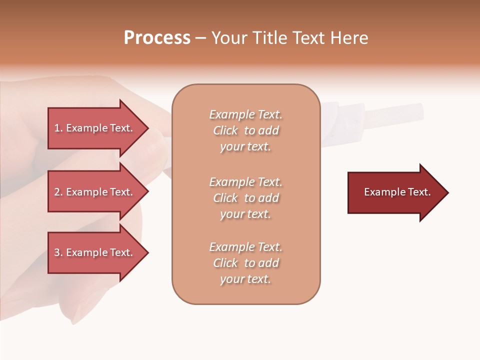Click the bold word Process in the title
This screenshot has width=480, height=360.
click(157, 38)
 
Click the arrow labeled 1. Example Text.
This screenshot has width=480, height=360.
click(95, 128)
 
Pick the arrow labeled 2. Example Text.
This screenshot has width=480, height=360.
click(95, 192)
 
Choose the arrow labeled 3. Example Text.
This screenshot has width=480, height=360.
click(95, 252)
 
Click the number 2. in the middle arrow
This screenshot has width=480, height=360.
click(58, 192)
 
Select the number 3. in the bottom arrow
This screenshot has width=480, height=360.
click(58, 252)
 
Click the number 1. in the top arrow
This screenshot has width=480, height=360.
click(58, 128)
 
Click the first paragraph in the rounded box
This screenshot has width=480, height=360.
click(246, 130)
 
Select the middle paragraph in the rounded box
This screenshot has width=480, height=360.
click(246, 198)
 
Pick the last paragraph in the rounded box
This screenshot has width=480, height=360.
click(246, 263)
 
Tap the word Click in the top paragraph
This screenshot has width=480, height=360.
click(225, 130)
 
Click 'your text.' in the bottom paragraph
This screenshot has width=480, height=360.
click(245, 279)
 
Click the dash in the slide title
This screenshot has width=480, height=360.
click(200, 38)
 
